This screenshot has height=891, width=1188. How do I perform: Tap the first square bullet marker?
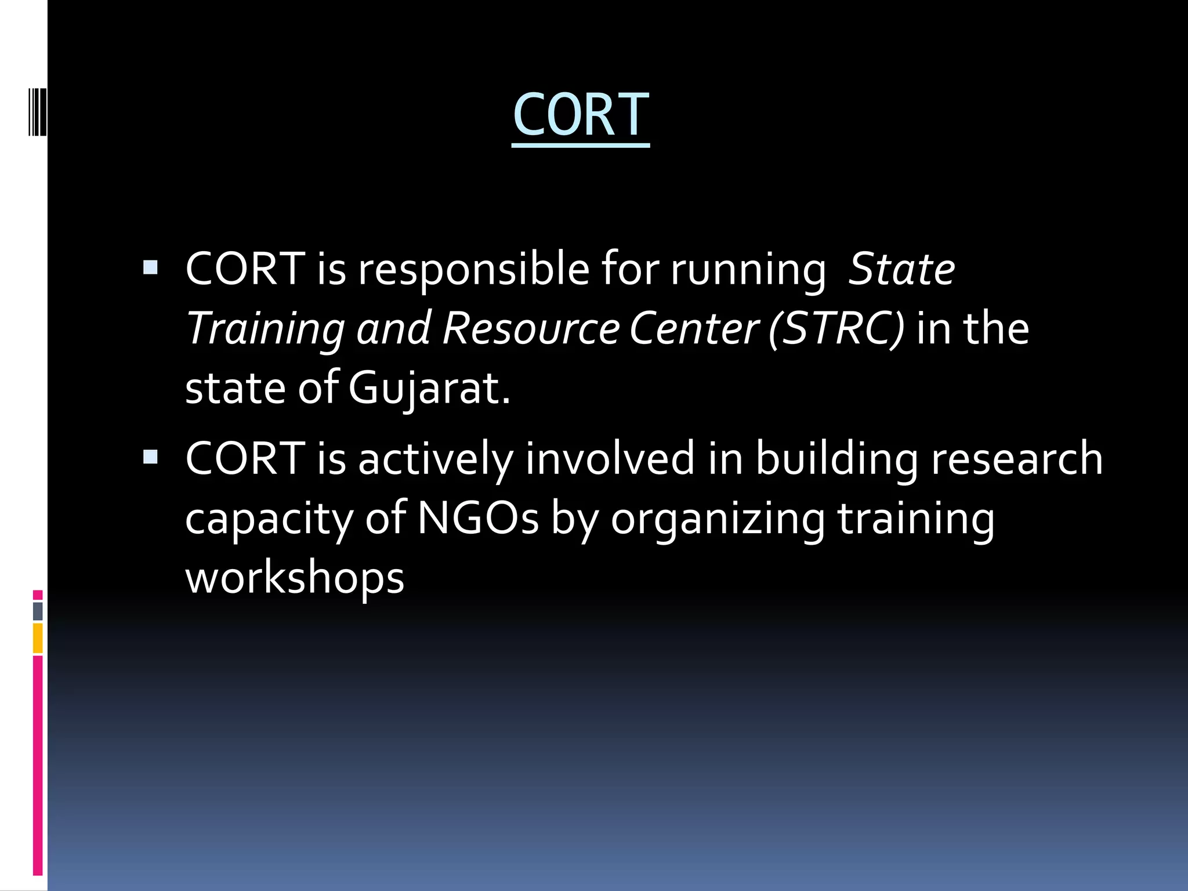click(x=150, y=267)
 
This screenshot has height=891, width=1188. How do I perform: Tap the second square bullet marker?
click(x=150, y=457)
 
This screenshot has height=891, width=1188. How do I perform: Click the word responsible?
click(x=473, y=270)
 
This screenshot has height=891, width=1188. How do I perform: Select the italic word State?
click(x=901, y=270)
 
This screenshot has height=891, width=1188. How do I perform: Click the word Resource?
click(x=531, y=329)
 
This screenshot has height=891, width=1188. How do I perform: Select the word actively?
click(x=435, y=459)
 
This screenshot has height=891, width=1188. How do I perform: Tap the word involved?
click(x=610, y=459)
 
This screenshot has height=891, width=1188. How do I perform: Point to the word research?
click(x=1017, y=459)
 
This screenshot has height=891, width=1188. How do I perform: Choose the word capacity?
click(x=269, y=520)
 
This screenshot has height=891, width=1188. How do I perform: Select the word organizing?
click(x=718, y=520)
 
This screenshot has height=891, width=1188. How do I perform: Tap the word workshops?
click(x=295, y=579)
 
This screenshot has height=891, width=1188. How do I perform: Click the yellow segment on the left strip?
click(x=38, y=638)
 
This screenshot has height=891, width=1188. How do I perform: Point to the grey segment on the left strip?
click(x=38, y=611)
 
